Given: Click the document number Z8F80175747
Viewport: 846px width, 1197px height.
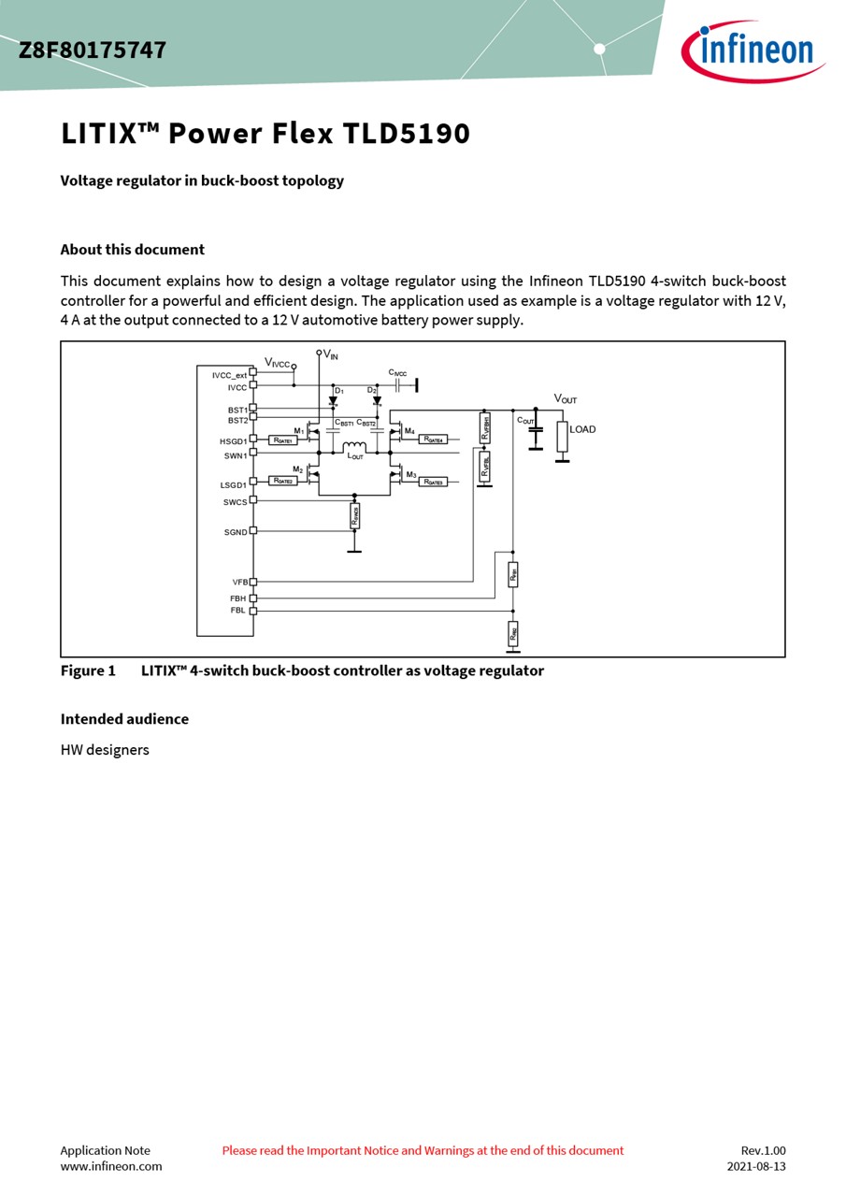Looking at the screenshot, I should (x=93, y=50).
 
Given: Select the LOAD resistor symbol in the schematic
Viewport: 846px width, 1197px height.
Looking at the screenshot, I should (x=562, y=436).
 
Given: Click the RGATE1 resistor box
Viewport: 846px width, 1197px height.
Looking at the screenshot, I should (x=283, y=440).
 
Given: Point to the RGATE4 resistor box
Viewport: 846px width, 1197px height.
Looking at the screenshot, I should (x=433, y=439).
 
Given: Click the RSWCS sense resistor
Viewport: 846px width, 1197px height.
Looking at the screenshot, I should (x=354, y=515).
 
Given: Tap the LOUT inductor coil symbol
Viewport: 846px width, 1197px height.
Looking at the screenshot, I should (x=354, y=447).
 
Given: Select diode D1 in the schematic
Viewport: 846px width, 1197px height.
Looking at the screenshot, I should (x=333, y=401).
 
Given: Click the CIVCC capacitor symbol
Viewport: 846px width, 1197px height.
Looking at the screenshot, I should (x=397, y=385).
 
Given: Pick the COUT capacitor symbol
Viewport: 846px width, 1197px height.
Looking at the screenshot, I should (x=536, y=431).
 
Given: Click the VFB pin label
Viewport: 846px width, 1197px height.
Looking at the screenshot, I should (x=240, y=582).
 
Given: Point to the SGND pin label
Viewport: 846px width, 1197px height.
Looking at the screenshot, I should (x=236, y=532).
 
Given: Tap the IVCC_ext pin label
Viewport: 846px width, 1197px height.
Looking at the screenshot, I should (x=229, y=375).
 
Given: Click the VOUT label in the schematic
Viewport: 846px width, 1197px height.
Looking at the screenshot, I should (x=566, y=399).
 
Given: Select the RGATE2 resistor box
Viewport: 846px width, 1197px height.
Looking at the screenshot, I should (x=283, y=481).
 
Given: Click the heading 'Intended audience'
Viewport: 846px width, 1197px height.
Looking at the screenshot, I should (x=124, y=718).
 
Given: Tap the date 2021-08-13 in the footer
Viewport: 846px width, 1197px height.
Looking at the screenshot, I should (x=756, y=1166).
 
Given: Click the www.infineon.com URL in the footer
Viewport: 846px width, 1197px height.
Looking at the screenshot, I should (x=111, y=1166).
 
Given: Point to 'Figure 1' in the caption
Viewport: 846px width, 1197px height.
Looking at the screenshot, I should (x=88, y=671).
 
